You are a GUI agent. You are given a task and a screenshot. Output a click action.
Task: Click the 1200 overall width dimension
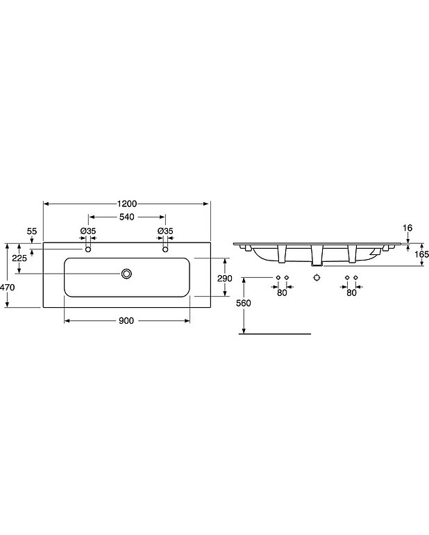click(127, 204)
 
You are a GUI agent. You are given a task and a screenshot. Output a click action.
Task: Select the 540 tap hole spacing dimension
click(127, 217)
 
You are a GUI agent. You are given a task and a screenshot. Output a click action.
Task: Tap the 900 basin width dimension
click(126, 321)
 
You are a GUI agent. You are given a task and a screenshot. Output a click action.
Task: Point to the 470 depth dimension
click(7, 287)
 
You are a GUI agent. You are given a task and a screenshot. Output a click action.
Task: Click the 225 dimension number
click(19, 258)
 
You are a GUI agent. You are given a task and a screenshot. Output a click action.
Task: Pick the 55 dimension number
click(32, 231)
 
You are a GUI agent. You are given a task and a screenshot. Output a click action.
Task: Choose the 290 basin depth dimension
click(225, 279)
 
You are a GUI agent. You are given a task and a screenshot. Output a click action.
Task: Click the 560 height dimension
click(244, 303)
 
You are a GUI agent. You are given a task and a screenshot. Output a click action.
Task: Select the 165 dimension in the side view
click(422, 254)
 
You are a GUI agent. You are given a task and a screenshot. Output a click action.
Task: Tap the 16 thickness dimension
click(407, 228)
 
